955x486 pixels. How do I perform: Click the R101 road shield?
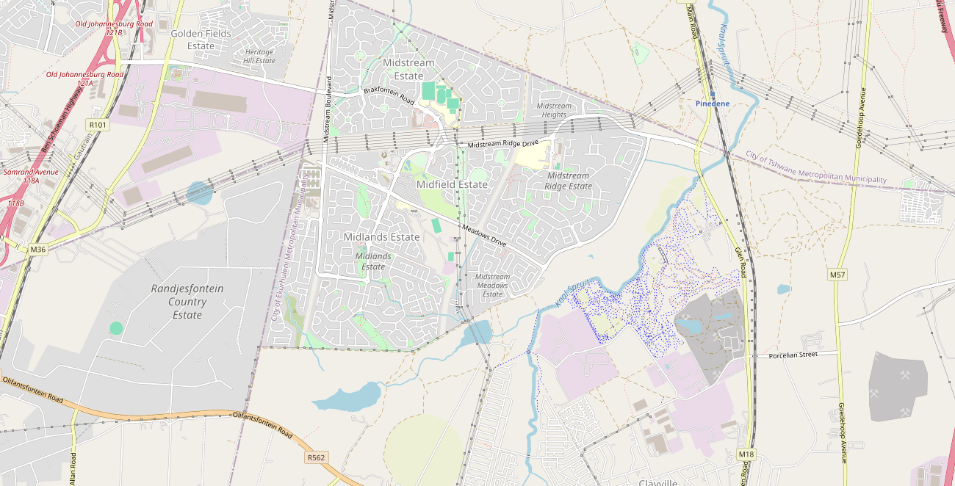(98, 125)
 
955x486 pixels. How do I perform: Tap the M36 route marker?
(38, 250)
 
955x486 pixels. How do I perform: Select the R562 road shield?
(316, 457)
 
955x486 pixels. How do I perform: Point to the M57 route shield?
(837, 275)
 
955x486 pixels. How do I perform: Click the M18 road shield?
(746, 454)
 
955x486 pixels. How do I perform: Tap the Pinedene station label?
(713, 104)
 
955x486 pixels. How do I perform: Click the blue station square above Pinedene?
(712, 94)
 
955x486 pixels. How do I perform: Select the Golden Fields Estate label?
(201, 40)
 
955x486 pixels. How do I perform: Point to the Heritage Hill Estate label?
(259, 56)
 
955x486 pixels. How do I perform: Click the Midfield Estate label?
(452, 184)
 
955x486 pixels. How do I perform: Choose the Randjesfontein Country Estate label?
(187, 302)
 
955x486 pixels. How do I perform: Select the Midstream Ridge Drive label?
(503, 144)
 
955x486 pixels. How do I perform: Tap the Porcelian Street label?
(793, 355)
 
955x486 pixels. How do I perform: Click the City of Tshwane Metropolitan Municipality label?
(815, 168)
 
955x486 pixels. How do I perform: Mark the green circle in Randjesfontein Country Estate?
(116, 328)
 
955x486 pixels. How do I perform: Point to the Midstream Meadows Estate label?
(492, 286)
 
